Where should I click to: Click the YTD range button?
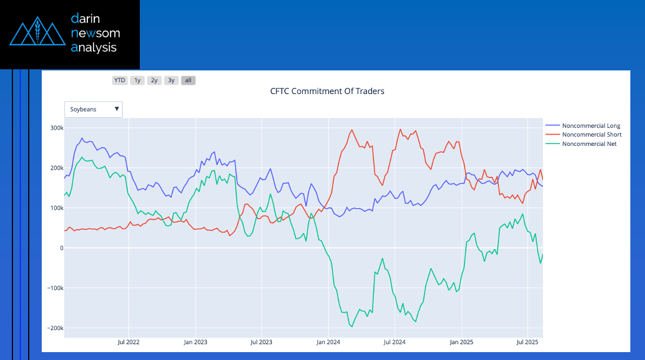[x=120, y=80]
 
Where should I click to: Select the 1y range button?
[x=137, y=80]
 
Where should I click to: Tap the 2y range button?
[x=154, y=80]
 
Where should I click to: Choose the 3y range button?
[x=171, y=80]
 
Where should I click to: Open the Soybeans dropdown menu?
[x=94, y=109]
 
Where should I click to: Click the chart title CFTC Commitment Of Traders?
[x=327, y=91]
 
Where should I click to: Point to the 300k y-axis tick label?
[x=55, y=128]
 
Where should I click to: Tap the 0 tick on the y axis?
[x=60, y=248]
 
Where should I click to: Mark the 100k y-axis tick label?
[x=55, y=208]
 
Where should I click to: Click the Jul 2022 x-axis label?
[x=129, y=342]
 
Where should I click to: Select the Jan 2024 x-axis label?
[x=328, y=342]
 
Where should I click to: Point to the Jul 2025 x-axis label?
[x=527, y=342]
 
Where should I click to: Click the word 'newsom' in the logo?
[x=95, y=33]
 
